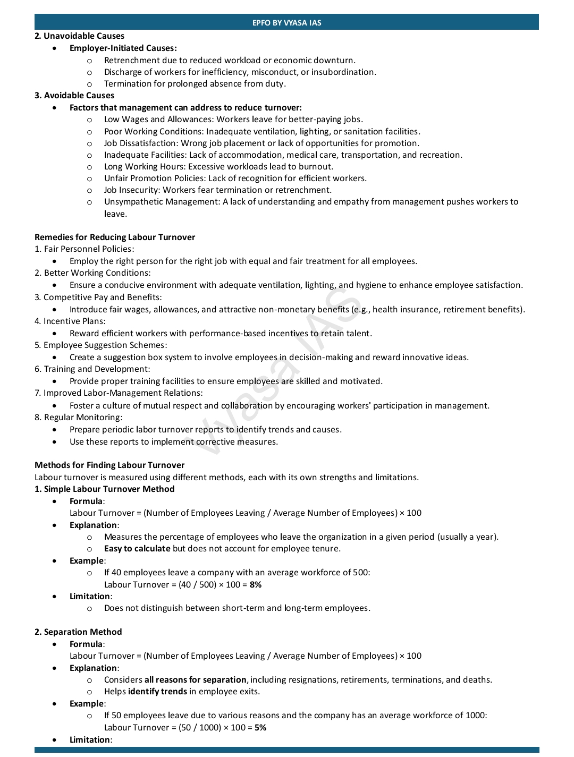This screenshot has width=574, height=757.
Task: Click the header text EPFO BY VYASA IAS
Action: (286, 23)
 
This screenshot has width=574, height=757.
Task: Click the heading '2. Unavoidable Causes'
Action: (79, 36)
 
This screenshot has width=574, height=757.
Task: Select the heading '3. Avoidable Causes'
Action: (74, 96)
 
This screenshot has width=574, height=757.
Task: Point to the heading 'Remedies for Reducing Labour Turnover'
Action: (115, 237)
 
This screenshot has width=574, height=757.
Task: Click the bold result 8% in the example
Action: (255, 585)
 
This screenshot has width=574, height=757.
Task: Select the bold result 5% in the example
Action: (260, 728)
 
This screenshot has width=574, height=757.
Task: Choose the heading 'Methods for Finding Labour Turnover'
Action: (109, 465)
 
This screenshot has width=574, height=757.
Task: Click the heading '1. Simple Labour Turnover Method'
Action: (104, 489)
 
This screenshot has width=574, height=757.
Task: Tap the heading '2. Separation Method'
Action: (78, 632)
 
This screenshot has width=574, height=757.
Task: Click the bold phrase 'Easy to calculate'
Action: (137, 549)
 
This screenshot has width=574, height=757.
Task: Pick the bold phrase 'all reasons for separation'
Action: (195, 680)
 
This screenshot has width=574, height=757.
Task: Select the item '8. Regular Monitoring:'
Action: (78, 418)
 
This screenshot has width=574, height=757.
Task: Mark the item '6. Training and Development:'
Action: (92, 369)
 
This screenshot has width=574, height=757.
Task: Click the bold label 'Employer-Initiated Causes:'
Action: (123, 48)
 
